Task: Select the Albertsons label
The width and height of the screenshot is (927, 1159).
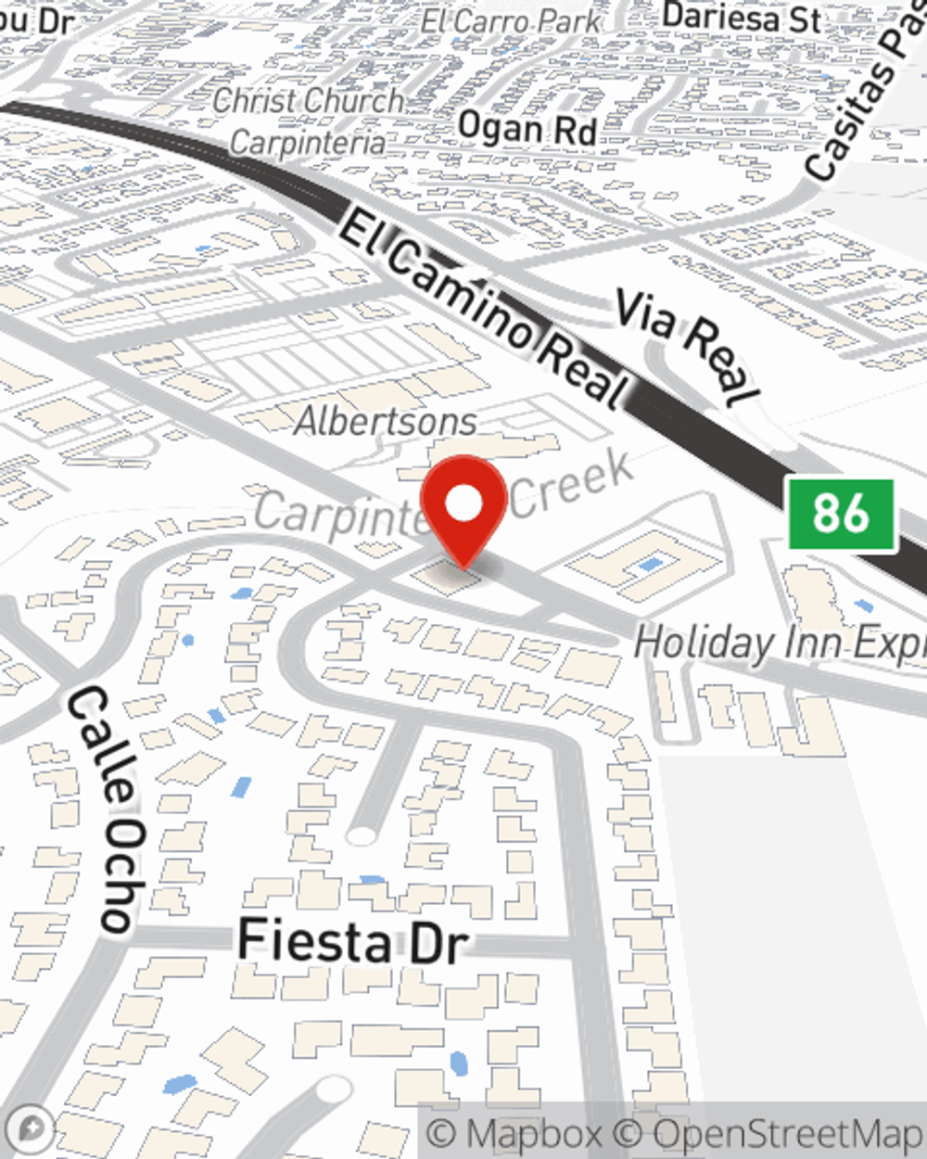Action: [386, 422]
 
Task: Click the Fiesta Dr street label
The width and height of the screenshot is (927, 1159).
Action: [352, 941]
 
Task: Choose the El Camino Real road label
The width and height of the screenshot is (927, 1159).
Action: [482, 311]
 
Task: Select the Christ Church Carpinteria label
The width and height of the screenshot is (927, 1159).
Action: [309, 121]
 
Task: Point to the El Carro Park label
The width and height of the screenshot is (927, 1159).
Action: [510, 20]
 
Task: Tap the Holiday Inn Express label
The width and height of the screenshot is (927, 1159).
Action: [779, 643]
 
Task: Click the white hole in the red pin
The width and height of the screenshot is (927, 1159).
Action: [463, 503]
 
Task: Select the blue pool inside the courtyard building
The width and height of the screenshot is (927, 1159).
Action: [650, 564]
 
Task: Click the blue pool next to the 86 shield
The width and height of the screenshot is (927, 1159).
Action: [864, 605]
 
